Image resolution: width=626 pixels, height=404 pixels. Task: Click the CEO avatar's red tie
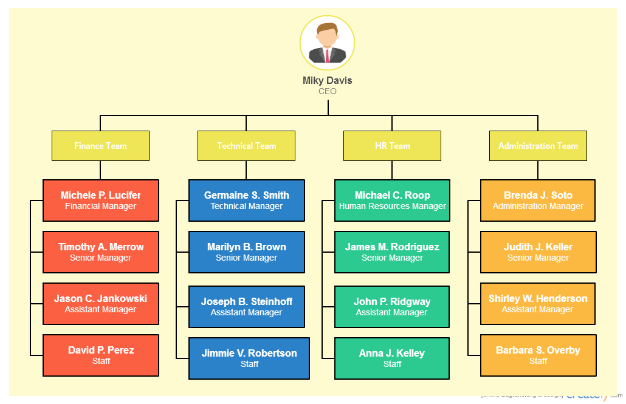327,55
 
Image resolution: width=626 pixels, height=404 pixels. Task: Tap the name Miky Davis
327,80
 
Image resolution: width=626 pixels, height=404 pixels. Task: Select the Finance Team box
100,146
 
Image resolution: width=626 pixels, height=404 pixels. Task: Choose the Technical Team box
246,146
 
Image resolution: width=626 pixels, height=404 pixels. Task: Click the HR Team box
392,146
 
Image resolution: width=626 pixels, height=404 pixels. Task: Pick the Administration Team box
538,146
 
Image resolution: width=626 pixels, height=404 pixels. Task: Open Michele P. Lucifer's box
101,200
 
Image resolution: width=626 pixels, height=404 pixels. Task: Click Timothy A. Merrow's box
101,252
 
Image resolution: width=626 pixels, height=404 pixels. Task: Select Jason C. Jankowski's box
101,304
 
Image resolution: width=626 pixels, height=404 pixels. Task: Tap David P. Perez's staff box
101,355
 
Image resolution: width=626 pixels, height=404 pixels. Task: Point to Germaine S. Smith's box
246,200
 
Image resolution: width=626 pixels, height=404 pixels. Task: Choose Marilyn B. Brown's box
246,252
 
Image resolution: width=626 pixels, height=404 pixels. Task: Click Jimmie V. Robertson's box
249,358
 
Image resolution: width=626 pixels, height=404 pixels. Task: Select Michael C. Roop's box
392,200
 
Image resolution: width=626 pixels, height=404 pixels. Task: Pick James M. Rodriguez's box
392,252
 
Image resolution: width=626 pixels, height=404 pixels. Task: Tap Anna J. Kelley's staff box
392,358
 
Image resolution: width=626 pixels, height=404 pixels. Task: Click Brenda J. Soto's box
538,200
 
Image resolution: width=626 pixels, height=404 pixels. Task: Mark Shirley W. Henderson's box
538,304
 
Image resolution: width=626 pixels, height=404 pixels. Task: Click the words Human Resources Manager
392,207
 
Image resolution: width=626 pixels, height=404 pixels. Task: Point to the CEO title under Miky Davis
327,92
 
